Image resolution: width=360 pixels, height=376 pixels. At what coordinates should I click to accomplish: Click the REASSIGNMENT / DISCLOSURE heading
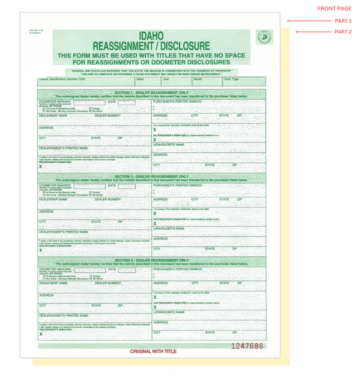pyautogui.click(x=151, y=46)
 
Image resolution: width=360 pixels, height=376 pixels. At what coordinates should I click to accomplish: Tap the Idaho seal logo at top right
pyautogui.click(x=264, y=38)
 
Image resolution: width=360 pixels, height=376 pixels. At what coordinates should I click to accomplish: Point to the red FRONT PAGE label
pyautogui.click(x=334, y=9)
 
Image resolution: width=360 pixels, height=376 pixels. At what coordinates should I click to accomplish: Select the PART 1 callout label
pyautogui.click(x=343, y=21)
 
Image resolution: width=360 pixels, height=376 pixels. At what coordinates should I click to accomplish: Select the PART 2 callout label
pyautogui.click(x=343, y=31)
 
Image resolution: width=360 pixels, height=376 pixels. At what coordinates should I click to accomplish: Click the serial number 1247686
pyautogui.click(x=247, y=346)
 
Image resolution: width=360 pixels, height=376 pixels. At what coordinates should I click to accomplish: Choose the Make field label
pyautogui.click(x=140, y=80)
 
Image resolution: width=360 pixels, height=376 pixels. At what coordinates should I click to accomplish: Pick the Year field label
pyautogui.click(x=166, y=80)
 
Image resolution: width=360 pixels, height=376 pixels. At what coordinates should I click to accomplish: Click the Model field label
pyautogui.click(x=198, y=80)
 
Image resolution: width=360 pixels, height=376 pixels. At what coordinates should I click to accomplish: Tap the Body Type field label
pyautogui.click(x=231, y=80)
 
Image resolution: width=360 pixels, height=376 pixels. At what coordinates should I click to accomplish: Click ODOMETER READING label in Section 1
pyautogui.click(x=55, y=100)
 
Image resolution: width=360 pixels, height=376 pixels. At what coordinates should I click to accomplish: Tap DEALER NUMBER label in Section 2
pyautogui.click(x=108, y=199)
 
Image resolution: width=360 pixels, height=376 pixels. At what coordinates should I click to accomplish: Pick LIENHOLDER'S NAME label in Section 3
pyautogui.click(x=169, y=311)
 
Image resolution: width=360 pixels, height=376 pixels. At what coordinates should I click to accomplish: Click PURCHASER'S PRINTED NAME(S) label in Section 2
pyautogui.click(x=177, y=185)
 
